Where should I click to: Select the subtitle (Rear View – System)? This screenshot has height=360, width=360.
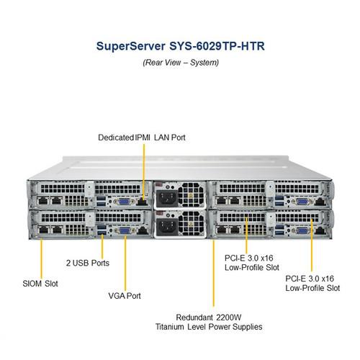[x=180, y=63]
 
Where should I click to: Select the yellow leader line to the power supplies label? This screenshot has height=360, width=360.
[x=214, y=274]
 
